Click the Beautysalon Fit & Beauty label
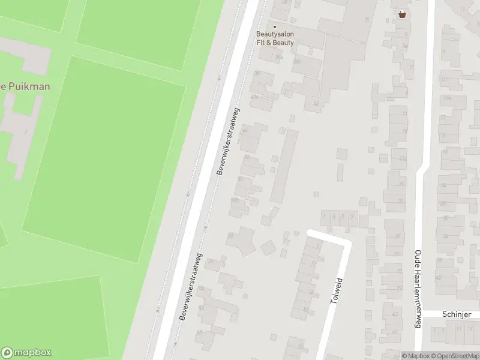point(275,38)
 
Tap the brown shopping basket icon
point(401,14)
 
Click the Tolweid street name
point(336,290)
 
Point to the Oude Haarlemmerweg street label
point(418,289)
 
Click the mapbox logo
point(26,353)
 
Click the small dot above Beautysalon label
point(275,26)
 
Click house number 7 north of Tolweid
point(352,216)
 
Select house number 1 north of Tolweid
point(325,216)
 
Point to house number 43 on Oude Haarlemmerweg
point(394,314)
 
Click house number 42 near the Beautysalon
point(316,103)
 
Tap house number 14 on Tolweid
point(305,310)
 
